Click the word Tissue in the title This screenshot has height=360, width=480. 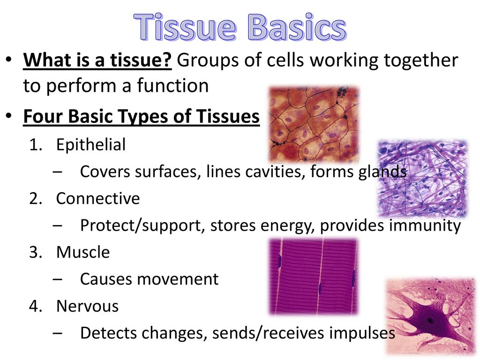(185, 27)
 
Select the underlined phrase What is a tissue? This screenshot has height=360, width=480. (97, 60)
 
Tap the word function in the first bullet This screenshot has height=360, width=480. (172, 85)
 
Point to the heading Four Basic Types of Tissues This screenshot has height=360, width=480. (142, 117)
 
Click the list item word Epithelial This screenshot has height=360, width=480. (91, 144)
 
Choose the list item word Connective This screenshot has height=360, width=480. (98, 198)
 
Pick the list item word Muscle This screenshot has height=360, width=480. (83, 252)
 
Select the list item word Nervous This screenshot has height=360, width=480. (88, 306)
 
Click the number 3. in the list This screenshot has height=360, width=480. (36, 253)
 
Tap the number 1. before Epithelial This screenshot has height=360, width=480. (36, 145)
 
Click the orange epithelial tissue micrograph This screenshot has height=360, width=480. (314, 124)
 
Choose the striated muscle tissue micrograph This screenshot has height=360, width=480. (313, 277)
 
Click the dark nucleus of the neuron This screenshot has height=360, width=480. (430, 321)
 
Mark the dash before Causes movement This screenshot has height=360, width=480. (58, 279)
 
